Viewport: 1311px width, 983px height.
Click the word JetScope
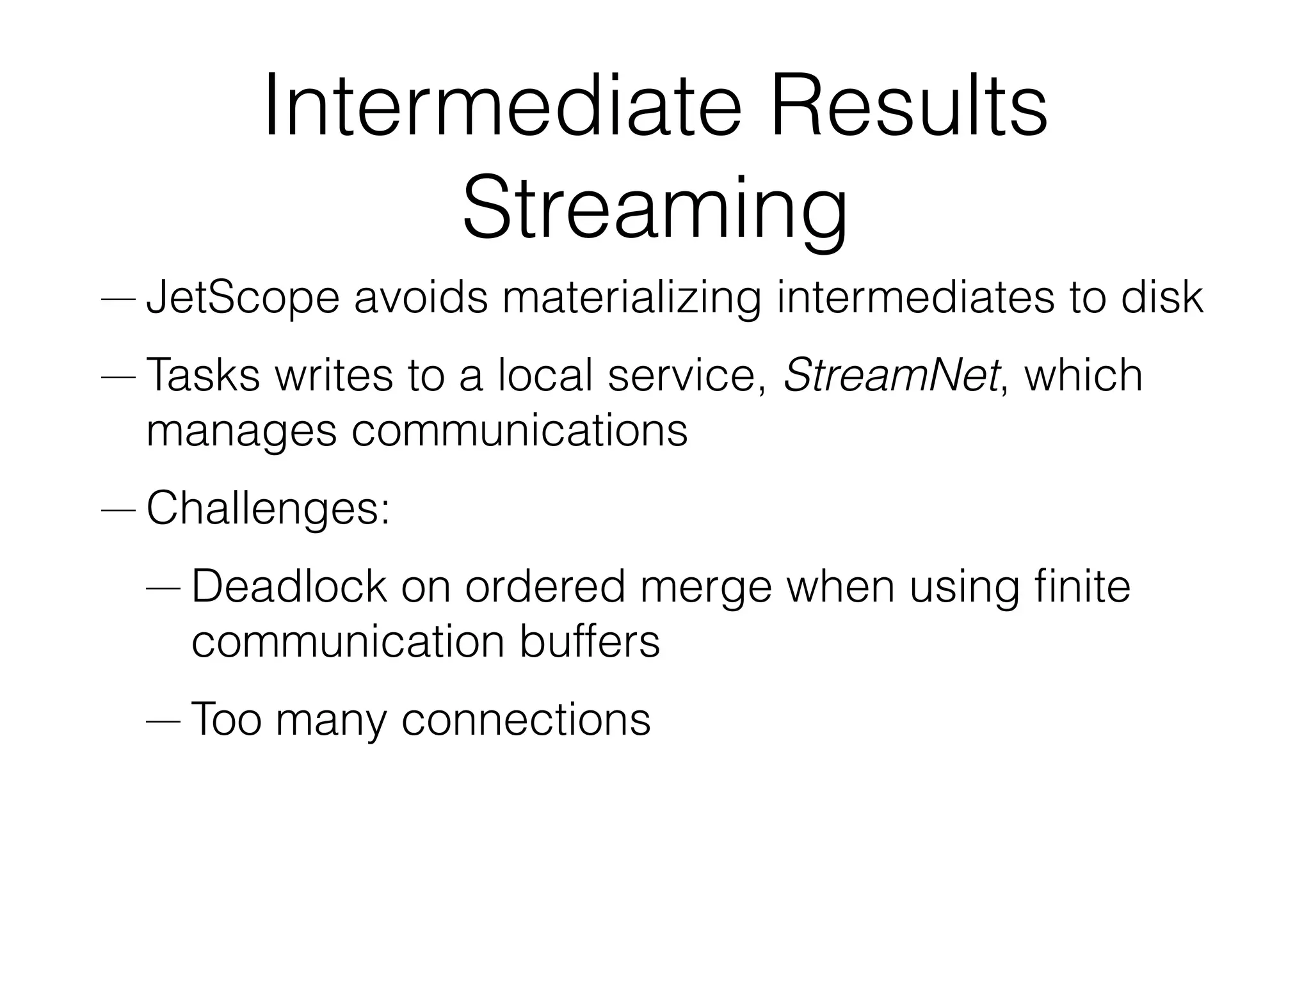pyautogui.click(x=243, y=298)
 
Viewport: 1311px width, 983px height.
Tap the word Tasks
pyautogui.click(x=203, y=375)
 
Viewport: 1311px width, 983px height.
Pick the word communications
pyautogui.click(x=519, y=431)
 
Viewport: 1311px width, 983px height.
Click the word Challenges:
pyautogui.click(x=268, y=508)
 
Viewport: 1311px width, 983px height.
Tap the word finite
pyautogui.click(x=1082, y=586)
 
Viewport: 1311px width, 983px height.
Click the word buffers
pyautogui.click(x=590, y=642)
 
